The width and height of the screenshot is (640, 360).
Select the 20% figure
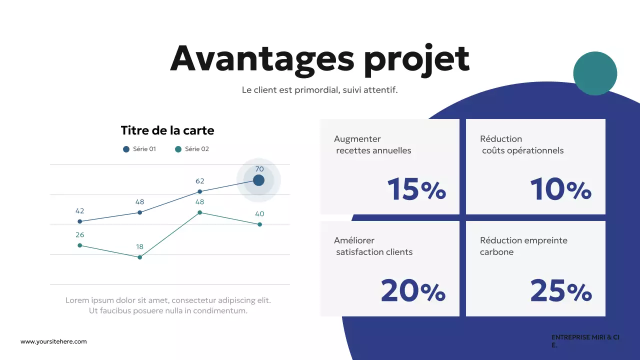click(413, 291)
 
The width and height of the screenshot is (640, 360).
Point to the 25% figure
click(560, 291)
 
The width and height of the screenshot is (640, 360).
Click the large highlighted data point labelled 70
click(258, 180)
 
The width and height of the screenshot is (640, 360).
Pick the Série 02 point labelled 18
click(140, 257)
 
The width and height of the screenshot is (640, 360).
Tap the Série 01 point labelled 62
click(200, 191)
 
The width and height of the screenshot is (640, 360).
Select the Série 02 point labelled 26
click(80, 245)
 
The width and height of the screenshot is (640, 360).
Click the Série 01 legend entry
click(139, 149)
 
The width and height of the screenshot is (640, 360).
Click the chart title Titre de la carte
click(167, 130)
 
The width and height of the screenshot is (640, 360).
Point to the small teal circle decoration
click(595, 73)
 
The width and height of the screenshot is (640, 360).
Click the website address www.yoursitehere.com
click(53, 341)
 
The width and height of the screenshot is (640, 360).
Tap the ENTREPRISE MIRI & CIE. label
click(585, 341)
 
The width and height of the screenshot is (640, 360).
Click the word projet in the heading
click(416, 59)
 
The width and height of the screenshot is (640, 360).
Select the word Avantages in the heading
click(262, 59)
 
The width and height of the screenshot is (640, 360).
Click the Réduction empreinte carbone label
click(523, 246)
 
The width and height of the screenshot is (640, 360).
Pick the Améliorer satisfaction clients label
click(373, 246)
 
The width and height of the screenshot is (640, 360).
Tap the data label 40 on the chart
click(259, 214)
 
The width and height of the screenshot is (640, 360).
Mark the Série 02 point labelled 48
click(200, 212)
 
